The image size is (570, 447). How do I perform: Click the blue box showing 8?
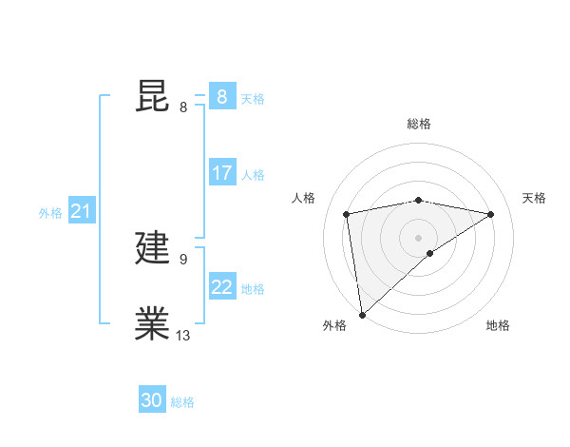click(x=221, y=97)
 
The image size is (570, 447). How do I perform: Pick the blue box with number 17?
click(x=221, y=173)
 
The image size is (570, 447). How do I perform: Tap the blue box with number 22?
click(x=221, y=287)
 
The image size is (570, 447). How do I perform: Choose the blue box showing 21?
click(x=81, y=212)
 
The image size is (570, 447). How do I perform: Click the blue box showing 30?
click(x=152, y=400)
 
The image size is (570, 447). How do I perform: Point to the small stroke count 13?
click(x=183, y=335)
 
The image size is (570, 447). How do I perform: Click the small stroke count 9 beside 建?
click(x=183, y=259)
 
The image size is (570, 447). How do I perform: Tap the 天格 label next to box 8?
click(x=253, y=98)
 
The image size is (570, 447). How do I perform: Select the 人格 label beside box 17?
click(x=253, y=175)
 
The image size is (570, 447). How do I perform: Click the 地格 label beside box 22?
click(x=253, y=289)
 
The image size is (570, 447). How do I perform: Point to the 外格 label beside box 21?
click(x=50, y=213)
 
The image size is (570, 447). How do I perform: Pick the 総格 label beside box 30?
click(x=182, y=402)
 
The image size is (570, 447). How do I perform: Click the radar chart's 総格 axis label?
click(x=418, y=124)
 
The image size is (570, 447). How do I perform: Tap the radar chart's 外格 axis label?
click(x=334, y=325)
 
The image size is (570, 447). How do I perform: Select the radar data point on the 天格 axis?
click(x=491, y=214)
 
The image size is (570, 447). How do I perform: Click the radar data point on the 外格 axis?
click(x=362, y=314)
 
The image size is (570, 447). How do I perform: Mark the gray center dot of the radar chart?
click(x=418, y=237)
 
